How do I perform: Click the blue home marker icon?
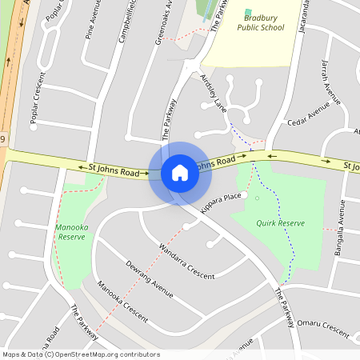pyautogui.click(x=180, y=173)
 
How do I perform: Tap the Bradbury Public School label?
pyautogui.click(x=260, y=22)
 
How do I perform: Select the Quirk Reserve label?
pyautogui.click(x=279, y=223)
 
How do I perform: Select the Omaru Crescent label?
pyautogui.click(x=323, y=328)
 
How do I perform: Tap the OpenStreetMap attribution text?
pyautogui.click(x=81, y=354)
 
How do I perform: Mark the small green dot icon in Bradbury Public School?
pyautogui.click(x=249, y=14)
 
